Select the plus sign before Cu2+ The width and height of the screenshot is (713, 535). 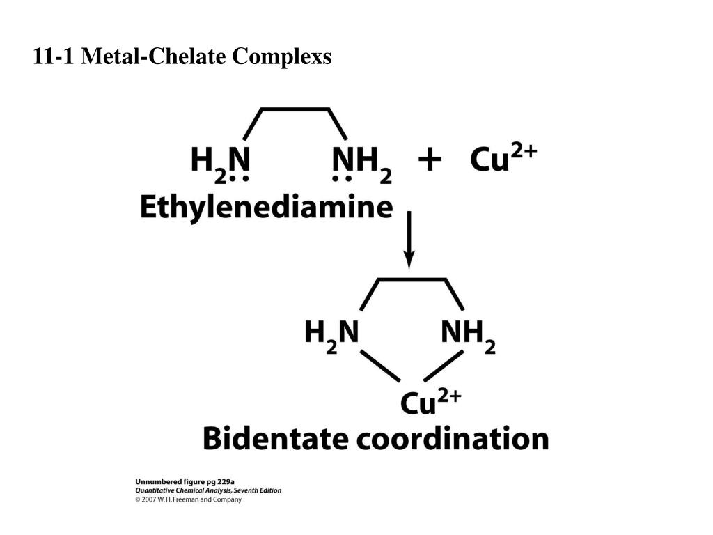pos(430,160)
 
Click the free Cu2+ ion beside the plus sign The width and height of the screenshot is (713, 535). pos(503,159)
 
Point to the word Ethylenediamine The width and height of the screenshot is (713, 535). pos(266,208)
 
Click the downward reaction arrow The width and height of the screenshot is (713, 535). pos(409,240)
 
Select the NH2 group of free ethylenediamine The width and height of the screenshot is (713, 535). pos(361,162)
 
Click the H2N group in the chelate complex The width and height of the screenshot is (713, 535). pos(331,333)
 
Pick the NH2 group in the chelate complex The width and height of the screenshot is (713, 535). pos(468,333)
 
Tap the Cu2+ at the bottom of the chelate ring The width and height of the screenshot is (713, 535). pos(430,402)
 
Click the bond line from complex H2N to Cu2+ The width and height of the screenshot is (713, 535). pos(379,365)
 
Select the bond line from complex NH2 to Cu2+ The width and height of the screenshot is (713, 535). pos(444,365)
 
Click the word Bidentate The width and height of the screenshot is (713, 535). pos(276,440)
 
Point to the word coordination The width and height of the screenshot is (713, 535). pos(453,440)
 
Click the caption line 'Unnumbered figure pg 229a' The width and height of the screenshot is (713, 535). pos(185,481)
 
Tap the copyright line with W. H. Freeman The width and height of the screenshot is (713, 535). pos(188,499)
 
